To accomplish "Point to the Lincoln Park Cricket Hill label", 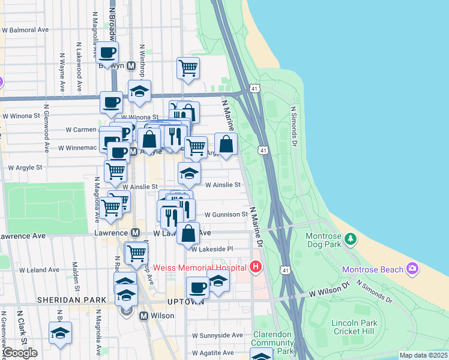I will pos(354,328).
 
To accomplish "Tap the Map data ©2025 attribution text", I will pos(424,355).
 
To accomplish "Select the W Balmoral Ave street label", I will pos(26,29).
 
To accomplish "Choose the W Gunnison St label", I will pos(226,214).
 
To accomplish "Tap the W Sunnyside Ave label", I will pos(217,335).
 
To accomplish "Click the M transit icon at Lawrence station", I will pos(136,233).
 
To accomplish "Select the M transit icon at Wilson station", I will pos(143,316).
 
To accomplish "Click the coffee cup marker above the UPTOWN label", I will pos(197,288).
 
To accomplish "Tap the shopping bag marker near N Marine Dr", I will pos(226,144).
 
